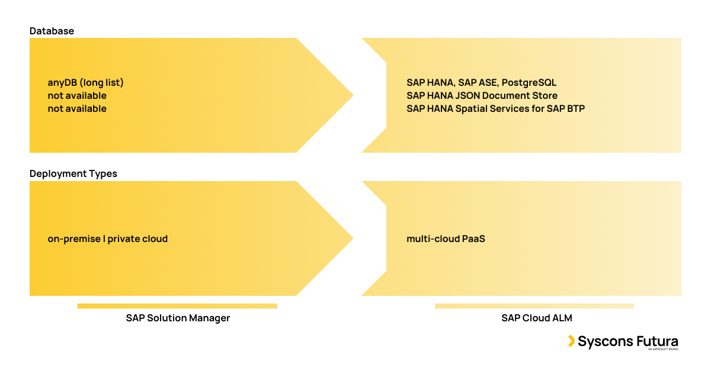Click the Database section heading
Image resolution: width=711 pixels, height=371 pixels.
(52, 31)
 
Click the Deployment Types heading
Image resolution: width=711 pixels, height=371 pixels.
(73, 174)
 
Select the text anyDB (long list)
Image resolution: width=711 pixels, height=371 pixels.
(85, 83)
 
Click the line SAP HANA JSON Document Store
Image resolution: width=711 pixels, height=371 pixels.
(482, 96)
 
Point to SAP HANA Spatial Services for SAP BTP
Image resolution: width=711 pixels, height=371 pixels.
(495, 109)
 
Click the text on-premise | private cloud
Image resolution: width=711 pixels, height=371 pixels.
(107, 239)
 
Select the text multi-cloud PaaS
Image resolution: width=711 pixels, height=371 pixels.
(446, 239)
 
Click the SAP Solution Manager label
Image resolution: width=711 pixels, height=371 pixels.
(178, 318)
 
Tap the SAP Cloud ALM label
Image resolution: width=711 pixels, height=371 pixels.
(536, 318)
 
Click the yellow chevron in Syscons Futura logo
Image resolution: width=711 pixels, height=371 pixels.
(571, 341)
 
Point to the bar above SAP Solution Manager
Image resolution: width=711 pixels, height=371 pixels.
(177, 306)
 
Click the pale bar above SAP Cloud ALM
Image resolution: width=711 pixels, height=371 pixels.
(534, 306)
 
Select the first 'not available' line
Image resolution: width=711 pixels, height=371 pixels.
(77, 96)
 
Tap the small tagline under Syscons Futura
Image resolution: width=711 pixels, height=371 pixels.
(662, 350)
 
